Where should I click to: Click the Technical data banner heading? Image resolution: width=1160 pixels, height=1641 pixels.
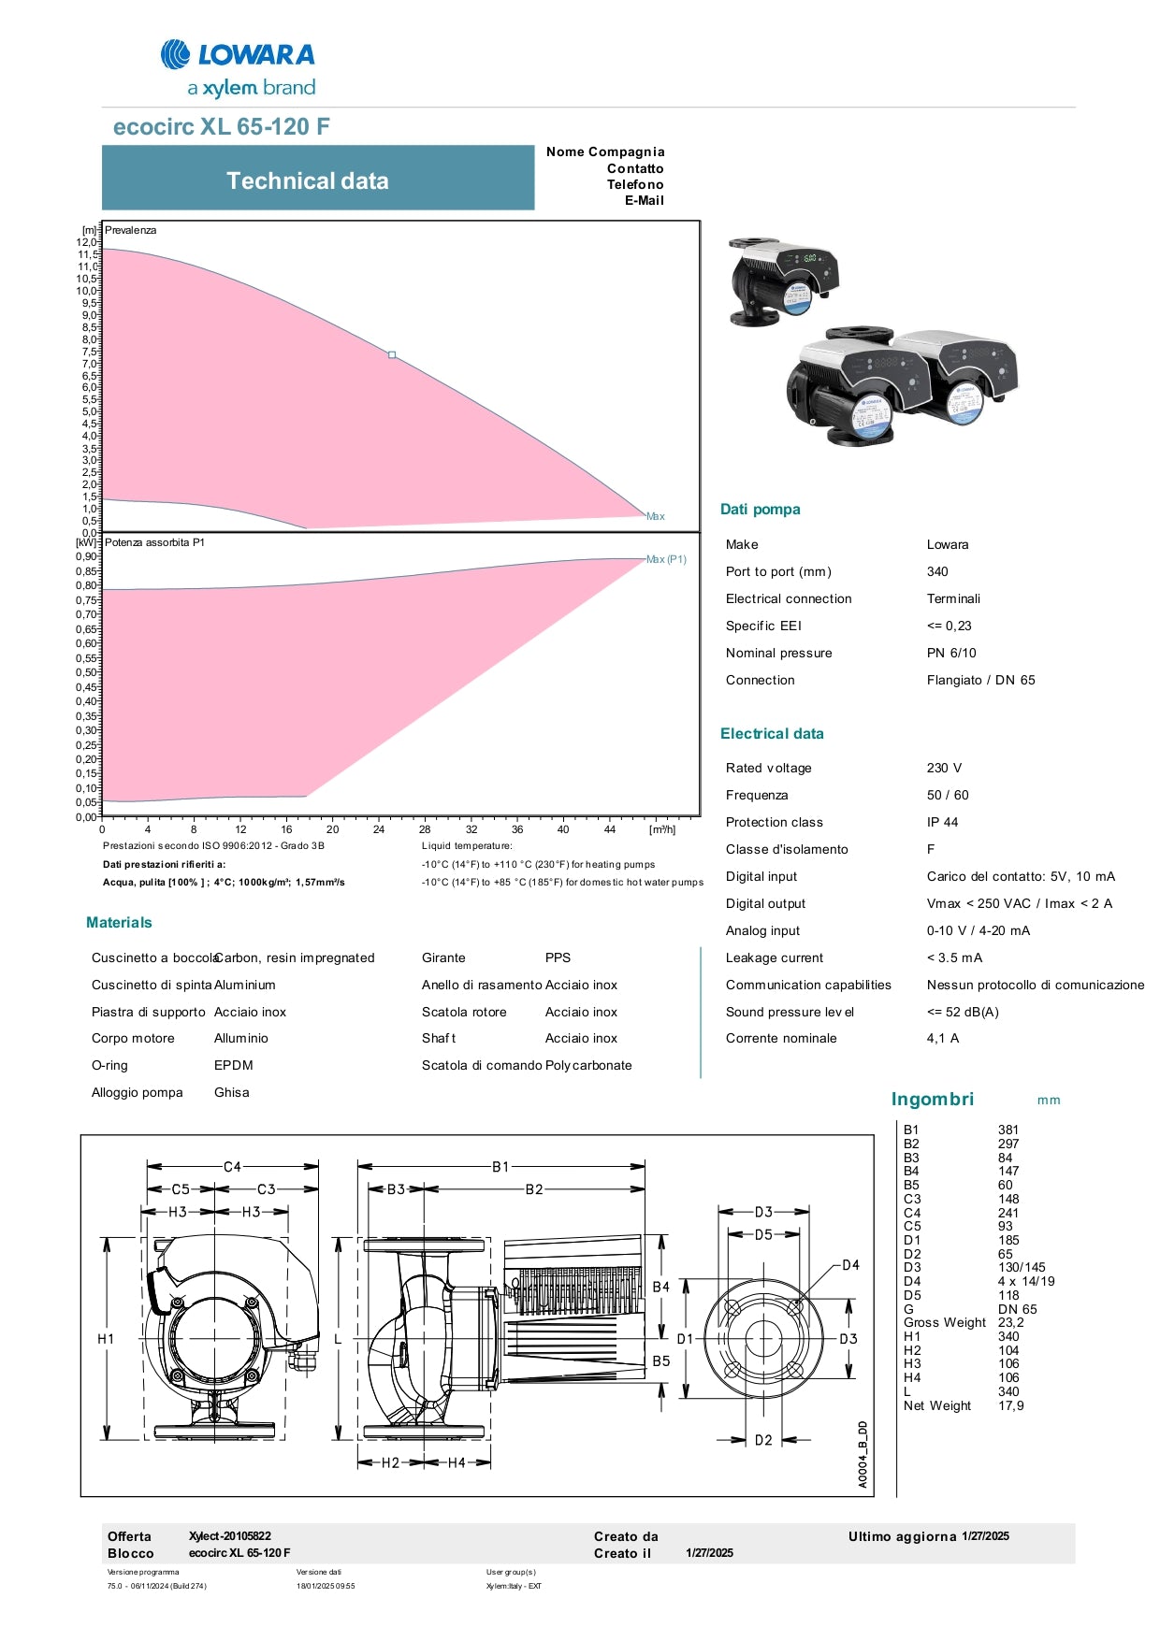[x=307, y=181]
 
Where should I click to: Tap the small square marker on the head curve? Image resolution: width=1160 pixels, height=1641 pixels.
[x=392, y=355]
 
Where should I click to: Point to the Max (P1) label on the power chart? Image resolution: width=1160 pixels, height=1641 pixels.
[x=666, y=559]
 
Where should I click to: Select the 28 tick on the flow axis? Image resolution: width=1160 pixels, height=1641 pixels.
[x=425, y=829]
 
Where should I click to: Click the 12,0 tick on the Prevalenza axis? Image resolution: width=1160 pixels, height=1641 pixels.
[x=86, y=242]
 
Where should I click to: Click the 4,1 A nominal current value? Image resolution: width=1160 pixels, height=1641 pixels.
[x=942, y=1038]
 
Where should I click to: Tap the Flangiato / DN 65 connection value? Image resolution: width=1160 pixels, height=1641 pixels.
[x=980, y=680]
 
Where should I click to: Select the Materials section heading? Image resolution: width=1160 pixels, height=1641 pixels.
[x=119, y=923]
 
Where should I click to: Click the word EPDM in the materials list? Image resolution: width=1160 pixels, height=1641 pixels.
[x=234, y=1065]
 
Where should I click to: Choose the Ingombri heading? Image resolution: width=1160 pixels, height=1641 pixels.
[x=932, y=1100]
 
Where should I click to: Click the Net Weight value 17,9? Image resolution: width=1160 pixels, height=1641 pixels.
[x=1010, y=1405]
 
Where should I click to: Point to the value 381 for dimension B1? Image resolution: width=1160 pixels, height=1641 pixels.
[x=1008, y=1130]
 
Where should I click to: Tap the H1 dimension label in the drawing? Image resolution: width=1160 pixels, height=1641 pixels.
[x=106, y=1339]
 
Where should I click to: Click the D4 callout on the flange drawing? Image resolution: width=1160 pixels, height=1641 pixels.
[x=850, y=1265]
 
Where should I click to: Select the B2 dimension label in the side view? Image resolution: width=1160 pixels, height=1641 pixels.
[x=534, y=1189]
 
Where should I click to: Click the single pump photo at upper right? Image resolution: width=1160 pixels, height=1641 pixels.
[x=784, y=281]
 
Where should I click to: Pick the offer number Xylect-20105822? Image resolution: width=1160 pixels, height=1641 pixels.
[x=230, y=1535]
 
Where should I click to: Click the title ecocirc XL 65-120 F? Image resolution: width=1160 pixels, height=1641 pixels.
[x=221, y=127]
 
